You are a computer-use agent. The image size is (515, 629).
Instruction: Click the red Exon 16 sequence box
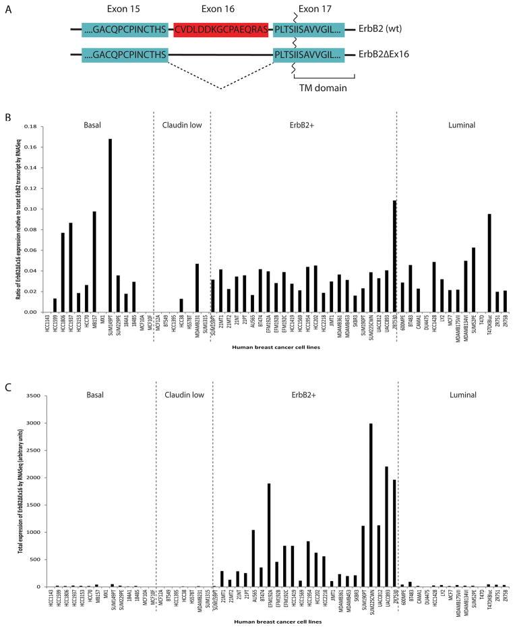(x=220, y=29)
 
